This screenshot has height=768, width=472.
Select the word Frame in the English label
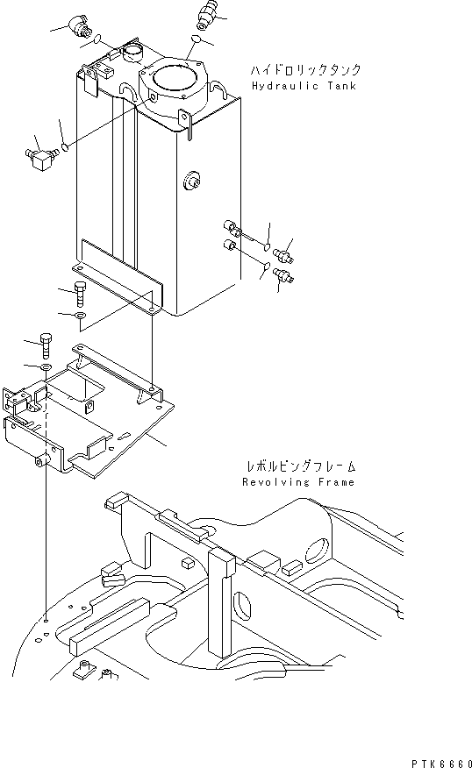pos(334,482)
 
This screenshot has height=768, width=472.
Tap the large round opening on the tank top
pos(173,83)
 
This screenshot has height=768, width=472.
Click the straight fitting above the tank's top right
pos(206,14)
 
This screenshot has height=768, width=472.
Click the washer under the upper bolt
pos(80,314)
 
